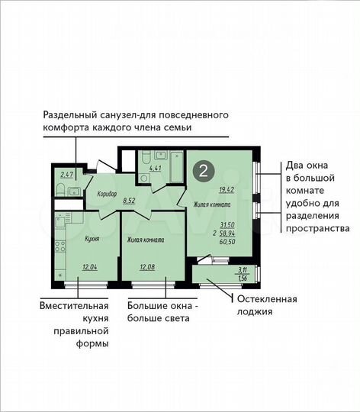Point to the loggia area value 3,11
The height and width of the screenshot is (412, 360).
pos(243,269)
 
